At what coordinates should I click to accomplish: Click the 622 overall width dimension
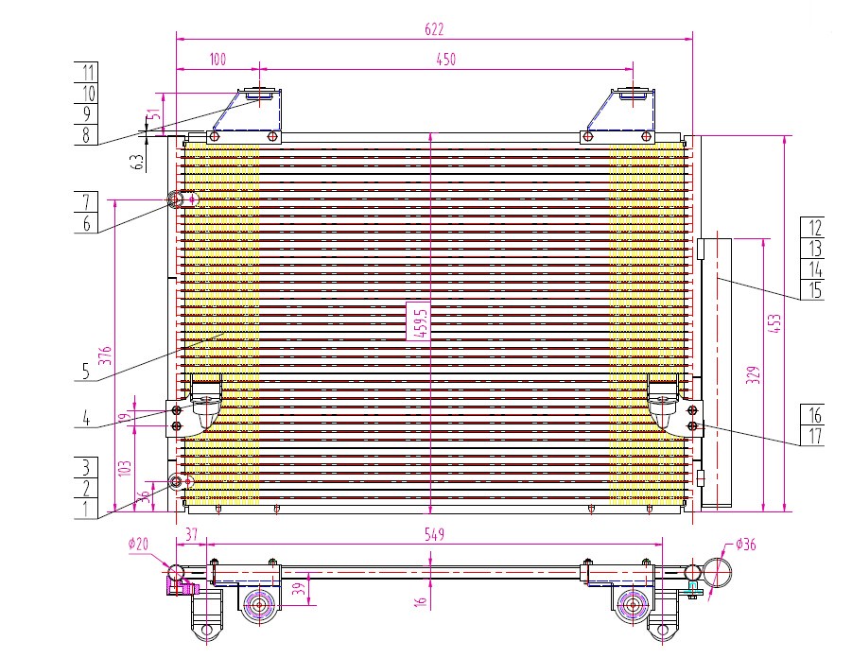pos(434,28)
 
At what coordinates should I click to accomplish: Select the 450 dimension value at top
pos(445,60)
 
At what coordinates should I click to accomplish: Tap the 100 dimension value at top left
pos(217,60)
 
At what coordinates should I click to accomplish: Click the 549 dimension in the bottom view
pos(434,535)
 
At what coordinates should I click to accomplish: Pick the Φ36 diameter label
pos(745,544)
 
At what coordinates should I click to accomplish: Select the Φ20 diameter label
pos(139,544)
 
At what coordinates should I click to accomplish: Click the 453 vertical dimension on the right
pos(775,323)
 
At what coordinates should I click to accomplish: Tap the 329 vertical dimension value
pos(753,375)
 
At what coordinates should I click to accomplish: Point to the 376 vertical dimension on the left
pos(107,355)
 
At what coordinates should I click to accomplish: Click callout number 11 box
pos(86,72)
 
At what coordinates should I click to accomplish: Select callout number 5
pos(86,372)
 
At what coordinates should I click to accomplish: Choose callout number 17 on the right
pos(813,436)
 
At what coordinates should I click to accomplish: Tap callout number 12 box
pos(813,228)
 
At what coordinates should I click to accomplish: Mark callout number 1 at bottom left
pos(86,510)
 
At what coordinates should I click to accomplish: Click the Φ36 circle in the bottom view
pos(717,572)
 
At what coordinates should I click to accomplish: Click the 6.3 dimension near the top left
pos(139,162)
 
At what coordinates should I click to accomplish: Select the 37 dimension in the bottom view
pos(191,535)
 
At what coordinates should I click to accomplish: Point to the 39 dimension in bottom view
pos(299,589)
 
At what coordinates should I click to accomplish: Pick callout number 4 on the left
pos(86,419)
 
